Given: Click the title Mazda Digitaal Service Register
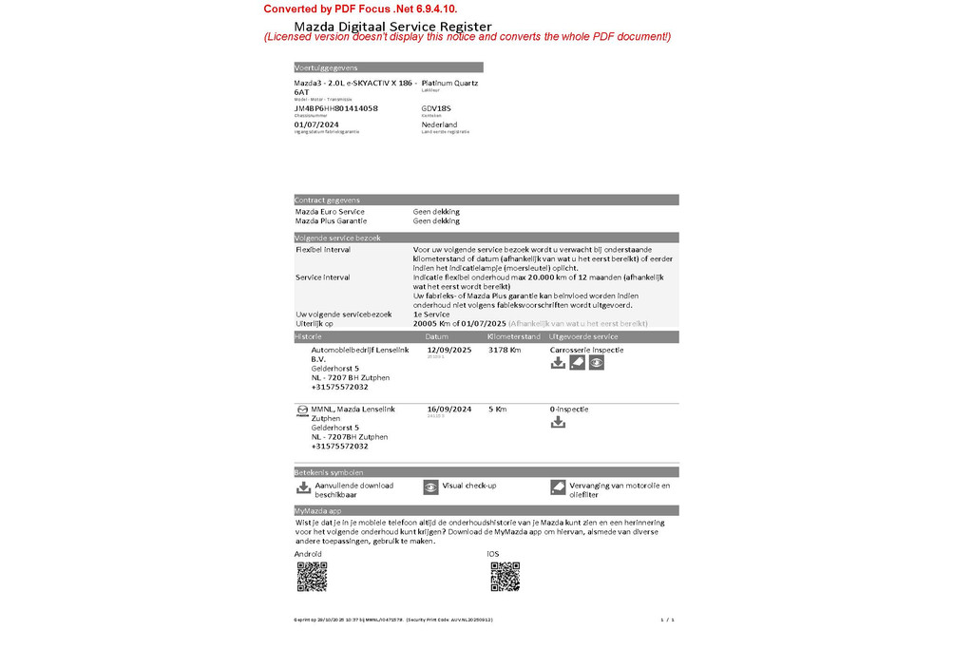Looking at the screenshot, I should coord(392,26).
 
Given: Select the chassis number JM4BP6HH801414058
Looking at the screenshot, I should coord(336,108).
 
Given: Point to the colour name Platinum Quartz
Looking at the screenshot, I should coord(449,83).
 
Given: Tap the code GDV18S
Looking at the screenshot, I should coord(436,108).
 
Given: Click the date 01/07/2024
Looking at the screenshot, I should coord(316,124).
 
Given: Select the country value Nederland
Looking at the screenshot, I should coord(439,124).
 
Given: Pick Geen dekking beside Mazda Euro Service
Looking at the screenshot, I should coord(436,212).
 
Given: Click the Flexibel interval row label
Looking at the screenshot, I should coord(323,249).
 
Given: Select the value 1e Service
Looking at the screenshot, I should coord(431,314).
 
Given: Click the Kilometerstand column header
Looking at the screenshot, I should coord(514,336).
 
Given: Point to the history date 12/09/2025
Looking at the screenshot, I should coord(449,350).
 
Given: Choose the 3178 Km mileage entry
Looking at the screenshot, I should coord(505,350).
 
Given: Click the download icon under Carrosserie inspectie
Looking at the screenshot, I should coord(558,362).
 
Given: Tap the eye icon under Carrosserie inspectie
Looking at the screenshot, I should coord(596,362).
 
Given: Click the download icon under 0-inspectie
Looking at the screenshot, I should coord(558,422).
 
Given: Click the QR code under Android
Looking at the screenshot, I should coord(312,577).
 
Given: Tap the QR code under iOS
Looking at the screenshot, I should coord(505,577).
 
